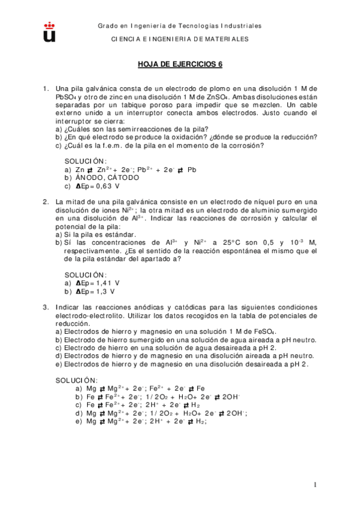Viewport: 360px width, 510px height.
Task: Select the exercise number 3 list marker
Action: [45, 307]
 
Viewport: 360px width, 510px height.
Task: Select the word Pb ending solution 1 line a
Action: [192, 169]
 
